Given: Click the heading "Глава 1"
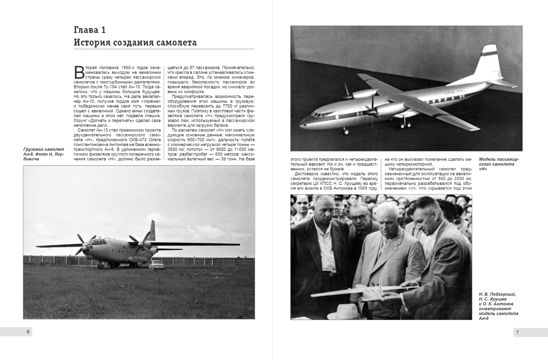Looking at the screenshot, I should coord(90,30).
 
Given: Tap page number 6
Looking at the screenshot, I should coord(28,332).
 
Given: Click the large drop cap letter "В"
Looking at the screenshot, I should coord(79,72).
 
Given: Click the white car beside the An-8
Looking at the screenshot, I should coord(156,265).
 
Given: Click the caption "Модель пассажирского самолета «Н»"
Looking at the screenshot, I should coord(499,164).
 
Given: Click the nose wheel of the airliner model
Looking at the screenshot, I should coord(347,131).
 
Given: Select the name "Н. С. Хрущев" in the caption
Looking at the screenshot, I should coord(493,299).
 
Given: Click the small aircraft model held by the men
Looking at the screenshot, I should coord(363,290).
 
